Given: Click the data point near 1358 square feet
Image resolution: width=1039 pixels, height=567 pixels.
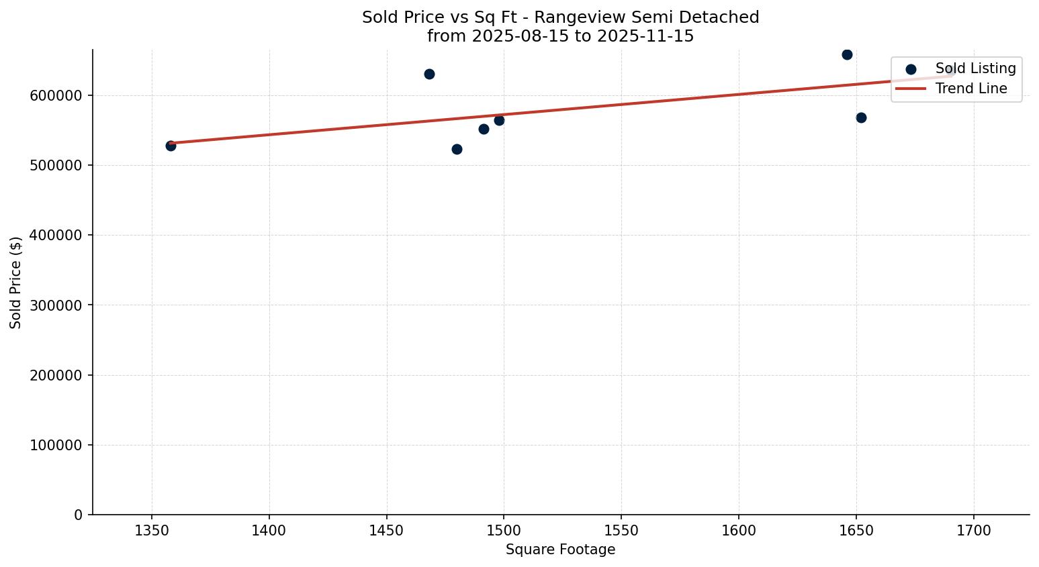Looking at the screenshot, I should pyautogui.click(x=171, y=146).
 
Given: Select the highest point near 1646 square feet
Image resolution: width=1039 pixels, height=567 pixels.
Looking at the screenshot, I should pyautogui.click(x=847, y=54).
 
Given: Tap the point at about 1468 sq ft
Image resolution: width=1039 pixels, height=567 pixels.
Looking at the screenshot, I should pyautogui.click(x=429, y=74).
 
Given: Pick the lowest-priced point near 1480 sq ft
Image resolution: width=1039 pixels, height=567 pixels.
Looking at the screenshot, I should pyautogui.click(x=457, y=149).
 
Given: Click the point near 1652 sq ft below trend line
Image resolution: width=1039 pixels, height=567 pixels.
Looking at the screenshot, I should pyautogui.click(x=861, y=117).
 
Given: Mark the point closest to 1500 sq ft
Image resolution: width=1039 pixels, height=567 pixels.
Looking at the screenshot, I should pyautogui.click(x=499, y=120).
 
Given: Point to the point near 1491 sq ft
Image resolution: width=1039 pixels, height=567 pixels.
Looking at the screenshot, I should pyautogui.click(x=484, y=129).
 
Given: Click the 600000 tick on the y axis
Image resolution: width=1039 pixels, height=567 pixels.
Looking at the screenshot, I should pyautogui.click(x=56, y=96).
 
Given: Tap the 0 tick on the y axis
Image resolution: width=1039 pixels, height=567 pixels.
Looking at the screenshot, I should pyautogui.click(x=79, y=515).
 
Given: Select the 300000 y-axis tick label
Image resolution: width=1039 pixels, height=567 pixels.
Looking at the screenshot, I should pyautogui.click(x=56, y=305).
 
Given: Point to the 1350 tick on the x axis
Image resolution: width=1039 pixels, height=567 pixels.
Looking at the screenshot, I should pyautogui.click(x=152, y=531).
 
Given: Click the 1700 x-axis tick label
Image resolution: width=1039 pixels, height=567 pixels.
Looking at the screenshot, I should pyautogui.click(x=973, y=531).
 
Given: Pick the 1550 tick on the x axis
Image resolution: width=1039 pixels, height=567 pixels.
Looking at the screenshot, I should pyautogui.click(x=621, y=531).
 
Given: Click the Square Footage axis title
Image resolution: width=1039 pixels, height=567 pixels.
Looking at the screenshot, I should pyautogui.click(x=560, y=550).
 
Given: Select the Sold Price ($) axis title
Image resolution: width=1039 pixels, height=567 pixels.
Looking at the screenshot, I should pyautogui.click(x=16, y=282).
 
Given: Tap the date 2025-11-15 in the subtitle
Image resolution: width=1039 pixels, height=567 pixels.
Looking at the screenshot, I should pyautogui.click(x=645, y=36).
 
